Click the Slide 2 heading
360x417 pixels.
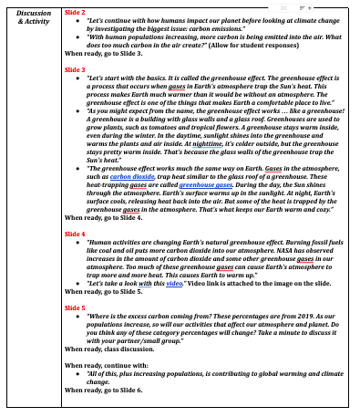pyautogui.click(x=76, y=13)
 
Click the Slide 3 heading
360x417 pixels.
pyautogui.click(x=76, y=69)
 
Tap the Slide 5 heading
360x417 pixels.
pyautogui.click(x=76, y=308)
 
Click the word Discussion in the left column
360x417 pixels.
pyautogui.click(x=33, y=13)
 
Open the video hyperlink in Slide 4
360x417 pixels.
pyautogui.click(x=173, y=283)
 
